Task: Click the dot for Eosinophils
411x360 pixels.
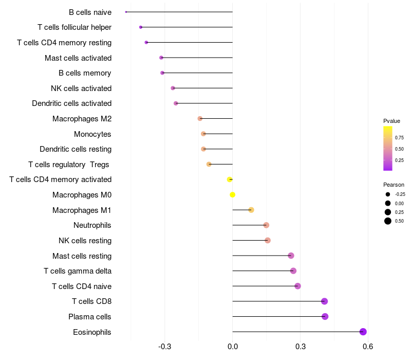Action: coord(363,332)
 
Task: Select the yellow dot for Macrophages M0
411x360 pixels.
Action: coord(233,195)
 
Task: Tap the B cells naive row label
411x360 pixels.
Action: coord(90,12)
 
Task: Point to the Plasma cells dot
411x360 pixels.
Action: coord(325,316)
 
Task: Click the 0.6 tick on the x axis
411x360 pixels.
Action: coord(367,347)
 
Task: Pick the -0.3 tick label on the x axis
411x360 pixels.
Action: coord(164,347)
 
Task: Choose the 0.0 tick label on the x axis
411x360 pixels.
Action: coord(233,347)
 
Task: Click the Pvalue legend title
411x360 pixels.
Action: coord(391,121)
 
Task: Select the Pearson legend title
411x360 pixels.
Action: coord(394,185)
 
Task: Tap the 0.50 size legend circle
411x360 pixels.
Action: coord(388,221)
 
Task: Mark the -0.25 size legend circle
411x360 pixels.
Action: coord(388,194)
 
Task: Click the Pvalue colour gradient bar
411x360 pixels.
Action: coord(388,148)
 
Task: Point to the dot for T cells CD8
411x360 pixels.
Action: coord(324,301)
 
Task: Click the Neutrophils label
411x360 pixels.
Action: coord(92,225)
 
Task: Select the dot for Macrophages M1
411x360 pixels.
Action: coord(251,210)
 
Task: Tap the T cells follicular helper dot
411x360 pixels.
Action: coord(141,27)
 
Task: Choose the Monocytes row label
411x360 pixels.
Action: coord(92,134)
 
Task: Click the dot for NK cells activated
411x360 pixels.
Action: coord(173,88)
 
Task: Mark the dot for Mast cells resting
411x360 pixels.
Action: coord(291,256)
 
